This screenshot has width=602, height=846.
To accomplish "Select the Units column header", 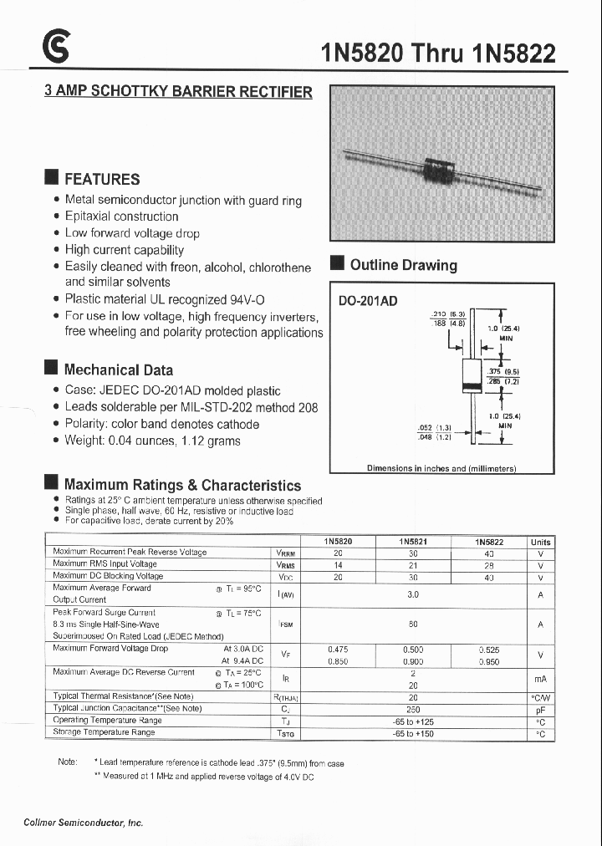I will pyautogui.click(x=541, y=542).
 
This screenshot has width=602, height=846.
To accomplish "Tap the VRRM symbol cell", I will pyautogui.click(x=285, y=553).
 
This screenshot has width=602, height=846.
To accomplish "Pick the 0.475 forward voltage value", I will pyautogui.click(x=338, y=649).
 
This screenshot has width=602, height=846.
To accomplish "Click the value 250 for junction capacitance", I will pyautogui.click(x=413, y=709).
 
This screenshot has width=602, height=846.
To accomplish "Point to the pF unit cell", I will pyautogui.click(x=541, y=709).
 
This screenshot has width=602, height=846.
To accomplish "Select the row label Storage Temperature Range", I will pyautogui.click(x=104, y=732).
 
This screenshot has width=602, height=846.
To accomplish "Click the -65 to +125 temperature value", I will pyautogui.click(x=413, y=721).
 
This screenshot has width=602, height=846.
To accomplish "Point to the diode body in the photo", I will pyautogui.click(x=436, y=169).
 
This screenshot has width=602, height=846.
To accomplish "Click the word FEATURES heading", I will pyautogui.click(x=102, y=179).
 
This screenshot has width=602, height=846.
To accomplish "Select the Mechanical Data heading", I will pyautogui.click(x=119, y=369).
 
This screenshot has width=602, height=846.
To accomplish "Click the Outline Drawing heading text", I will pyautogui.click(x=403, y=265).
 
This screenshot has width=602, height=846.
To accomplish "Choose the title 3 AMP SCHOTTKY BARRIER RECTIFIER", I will pyautogui.click(x=178, y=92).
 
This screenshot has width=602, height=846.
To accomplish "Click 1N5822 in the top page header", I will pyautogui.click(x=513, y=54).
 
